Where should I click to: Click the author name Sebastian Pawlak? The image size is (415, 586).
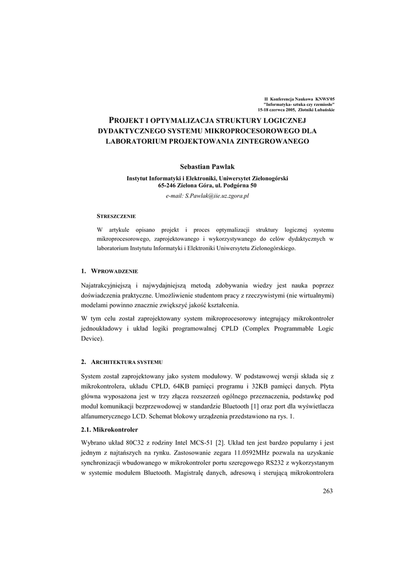pos(207,166)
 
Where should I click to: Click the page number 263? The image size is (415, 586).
pos(327,491)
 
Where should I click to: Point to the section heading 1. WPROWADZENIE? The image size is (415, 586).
pos(109,271)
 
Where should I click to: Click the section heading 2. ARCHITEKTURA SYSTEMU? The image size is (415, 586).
pos(122,362)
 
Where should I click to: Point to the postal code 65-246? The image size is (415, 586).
pos(169,186)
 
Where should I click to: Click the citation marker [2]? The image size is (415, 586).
pos(220,442)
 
